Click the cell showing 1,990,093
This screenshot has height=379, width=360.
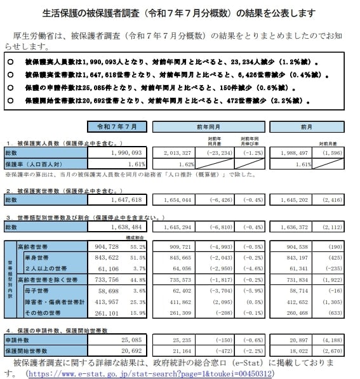click(132, 153)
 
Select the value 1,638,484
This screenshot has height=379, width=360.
click(132, 226)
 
